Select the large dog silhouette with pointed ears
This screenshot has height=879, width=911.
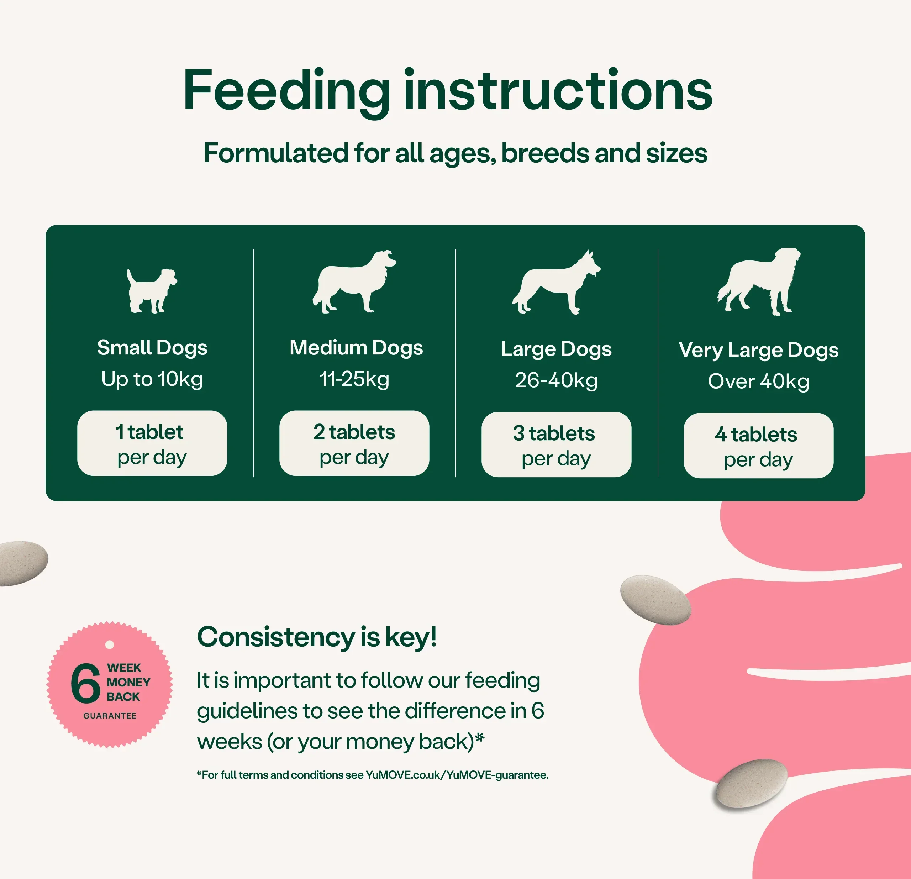[x=556, y=283]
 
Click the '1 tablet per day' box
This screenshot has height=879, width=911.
[x=152, y=443]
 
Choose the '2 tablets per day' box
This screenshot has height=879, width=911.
[x=354, y=443]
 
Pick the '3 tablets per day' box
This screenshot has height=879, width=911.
[x=556, y=444]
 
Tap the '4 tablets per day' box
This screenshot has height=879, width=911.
[x=759, y=445]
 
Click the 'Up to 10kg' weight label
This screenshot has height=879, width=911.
[x=152, y=379]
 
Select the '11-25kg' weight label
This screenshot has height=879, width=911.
[x=354, y=379]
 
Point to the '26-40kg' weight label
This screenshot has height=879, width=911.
[x=556, y=380]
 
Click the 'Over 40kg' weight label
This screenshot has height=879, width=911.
[x=759, y=381]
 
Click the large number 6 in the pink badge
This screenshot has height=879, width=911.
[x=85, y=683]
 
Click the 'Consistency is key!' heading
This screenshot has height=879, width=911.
[x=317, y=637]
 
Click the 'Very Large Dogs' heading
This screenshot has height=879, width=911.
[x=759, y=351]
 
